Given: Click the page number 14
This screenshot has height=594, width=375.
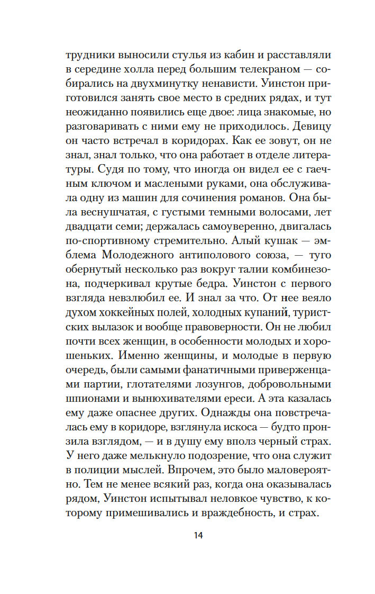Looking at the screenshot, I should click(198, 535).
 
